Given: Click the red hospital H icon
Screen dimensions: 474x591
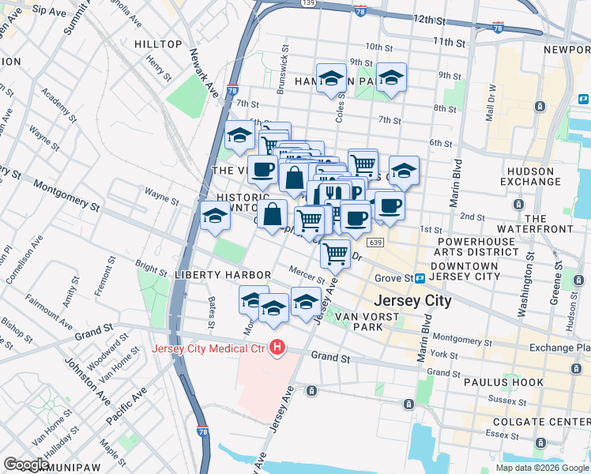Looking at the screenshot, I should point(277,348).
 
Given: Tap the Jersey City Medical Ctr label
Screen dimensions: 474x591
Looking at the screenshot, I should point(209,348).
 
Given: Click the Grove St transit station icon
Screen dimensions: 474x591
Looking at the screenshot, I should point(420,278).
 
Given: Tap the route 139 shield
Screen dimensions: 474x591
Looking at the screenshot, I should point(309,3).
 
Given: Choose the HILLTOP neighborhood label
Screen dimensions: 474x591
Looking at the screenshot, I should point(158,44).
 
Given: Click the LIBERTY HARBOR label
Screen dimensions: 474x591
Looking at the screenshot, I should point(223,275).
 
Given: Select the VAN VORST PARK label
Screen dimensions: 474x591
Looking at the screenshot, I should point(369,322).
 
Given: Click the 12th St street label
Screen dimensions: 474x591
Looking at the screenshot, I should point(435,18).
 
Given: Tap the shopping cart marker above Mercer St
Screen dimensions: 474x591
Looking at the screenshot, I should point(337,254).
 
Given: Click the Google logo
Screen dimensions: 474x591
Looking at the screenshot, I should point(27,465).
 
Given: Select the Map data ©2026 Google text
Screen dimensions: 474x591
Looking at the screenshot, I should point(542,468).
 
